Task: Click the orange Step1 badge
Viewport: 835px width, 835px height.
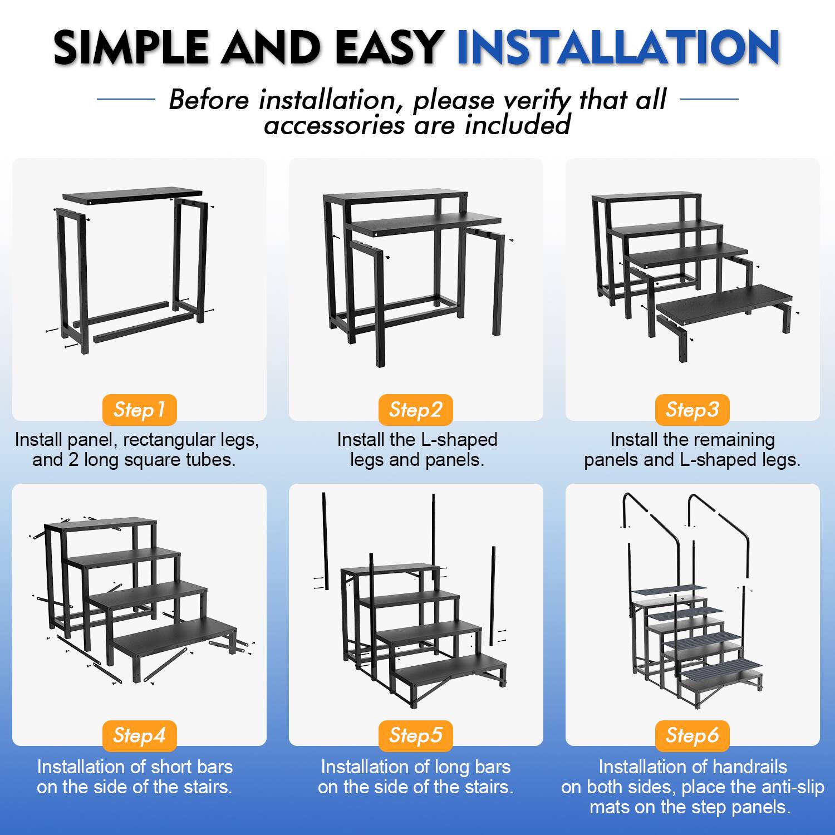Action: click(x=139, y=410)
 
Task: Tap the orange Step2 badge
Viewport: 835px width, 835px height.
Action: click(x=415, y=410)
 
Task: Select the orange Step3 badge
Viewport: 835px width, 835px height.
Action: click(x=692, y=410)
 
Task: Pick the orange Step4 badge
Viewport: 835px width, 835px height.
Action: click(x=139, y=735)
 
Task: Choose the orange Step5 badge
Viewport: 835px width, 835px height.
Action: click(x=415, y=735)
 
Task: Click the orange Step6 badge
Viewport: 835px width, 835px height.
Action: click(x=692, y=735)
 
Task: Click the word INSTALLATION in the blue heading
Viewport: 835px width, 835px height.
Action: click(x=618, y=47)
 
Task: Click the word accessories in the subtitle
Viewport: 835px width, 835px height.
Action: click(x=334, y=125)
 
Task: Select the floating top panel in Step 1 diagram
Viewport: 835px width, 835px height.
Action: click(x=132, y=195)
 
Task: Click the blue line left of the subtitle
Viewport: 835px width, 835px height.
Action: click(x=126, y=100)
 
